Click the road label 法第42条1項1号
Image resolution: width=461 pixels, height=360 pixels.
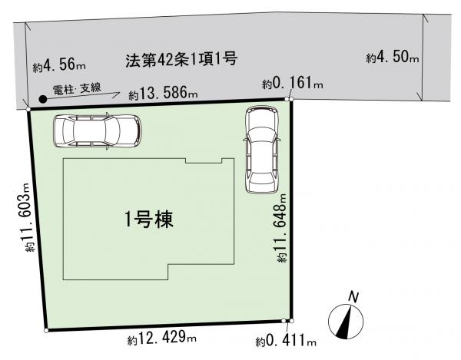point(181,60)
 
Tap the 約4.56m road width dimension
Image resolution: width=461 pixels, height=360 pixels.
point(59,65)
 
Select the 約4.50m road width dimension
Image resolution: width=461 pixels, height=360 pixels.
point(392,57)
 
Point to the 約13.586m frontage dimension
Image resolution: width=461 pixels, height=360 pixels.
point(163,93)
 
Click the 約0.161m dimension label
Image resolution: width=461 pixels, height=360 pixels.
point(293,84)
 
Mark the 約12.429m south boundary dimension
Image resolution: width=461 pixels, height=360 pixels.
point(162,338)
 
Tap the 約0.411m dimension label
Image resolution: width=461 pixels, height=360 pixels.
point(286,341)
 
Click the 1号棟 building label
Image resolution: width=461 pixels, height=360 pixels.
point(149,220)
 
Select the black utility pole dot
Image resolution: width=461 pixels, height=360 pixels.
point(43,99)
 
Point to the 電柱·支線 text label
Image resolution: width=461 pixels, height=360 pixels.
point(77,88)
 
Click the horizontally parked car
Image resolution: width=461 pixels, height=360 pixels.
point(98,131)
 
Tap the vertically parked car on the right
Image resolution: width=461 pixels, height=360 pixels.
point(261,150)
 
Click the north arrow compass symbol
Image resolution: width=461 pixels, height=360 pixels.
point(346,322)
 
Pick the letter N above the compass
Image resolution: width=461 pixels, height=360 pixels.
point(353,297)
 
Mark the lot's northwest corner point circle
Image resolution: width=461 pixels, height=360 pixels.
point(28,109)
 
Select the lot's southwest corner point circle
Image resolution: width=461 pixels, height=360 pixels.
point(46,331)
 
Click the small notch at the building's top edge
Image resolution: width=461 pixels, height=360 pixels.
point(204,160)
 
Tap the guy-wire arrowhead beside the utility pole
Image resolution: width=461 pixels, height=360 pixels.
point(117,94)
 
